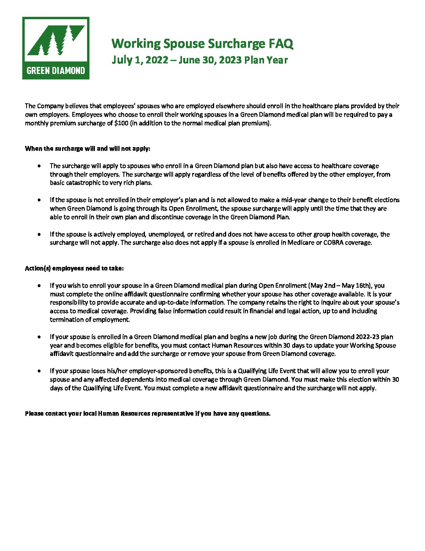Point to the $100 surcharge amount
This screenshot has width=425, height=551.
121,123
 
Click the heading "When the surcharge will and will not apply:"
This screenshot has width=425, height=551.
87,149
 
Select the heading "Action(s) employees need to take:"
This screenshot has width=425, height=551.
74,268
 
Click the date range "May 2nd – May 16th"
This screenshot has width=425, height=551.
339,286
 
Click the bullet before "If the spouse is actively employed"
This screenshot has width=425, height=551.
39,234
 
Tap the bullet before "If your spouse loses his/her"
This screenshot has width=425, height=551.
39,371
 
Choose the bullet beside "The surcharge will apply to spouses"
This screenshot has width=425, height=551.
39,166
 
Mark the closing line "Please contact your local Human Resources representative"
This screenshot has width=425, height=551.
148,414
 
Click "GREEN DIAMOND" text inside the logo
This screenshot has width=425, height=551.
56,71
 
